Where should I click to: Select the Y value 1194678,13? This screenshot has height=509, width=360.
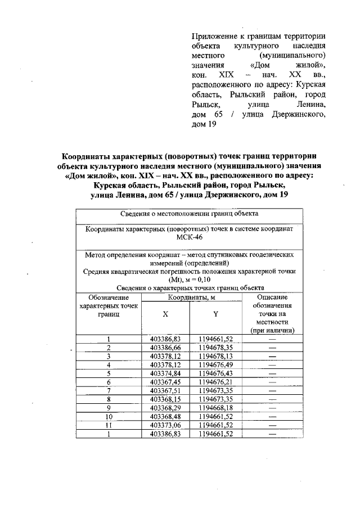pos(215,356)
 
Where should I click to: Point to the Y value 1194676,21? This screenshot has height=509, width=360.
pos(215,381)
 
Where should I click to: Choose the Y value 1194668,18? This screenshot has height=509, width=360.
pos(215,407)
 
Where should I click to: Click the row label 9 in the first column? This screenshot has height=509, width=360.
pos(108,407)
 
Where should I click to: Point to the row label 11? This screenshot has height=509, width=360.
pos(108,424)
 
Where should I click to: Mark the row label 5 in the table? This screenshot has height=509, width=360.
pos(108,373)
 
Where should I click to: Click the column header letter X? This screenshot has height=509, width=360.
pos(165,315)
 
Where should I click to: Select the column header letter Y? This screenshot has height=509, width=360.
pos(215,315)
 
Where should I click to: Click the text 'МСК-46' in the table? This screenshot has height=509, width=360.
pos(189,237)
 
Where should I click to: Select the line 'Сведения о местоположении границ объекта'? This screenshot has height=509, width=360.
pos(189,214)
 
